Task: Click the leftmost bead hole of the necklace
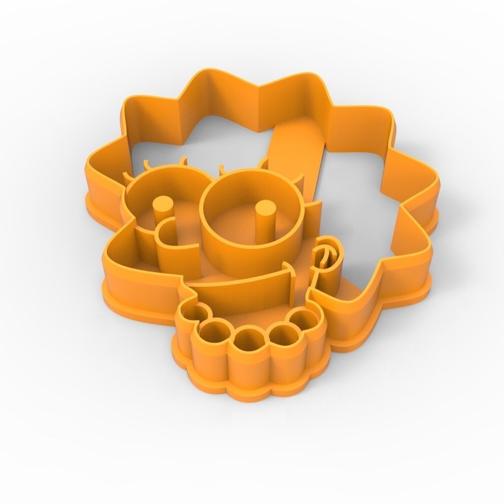click(194, 317)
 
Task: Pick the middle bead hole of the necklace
click(249, 338)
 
